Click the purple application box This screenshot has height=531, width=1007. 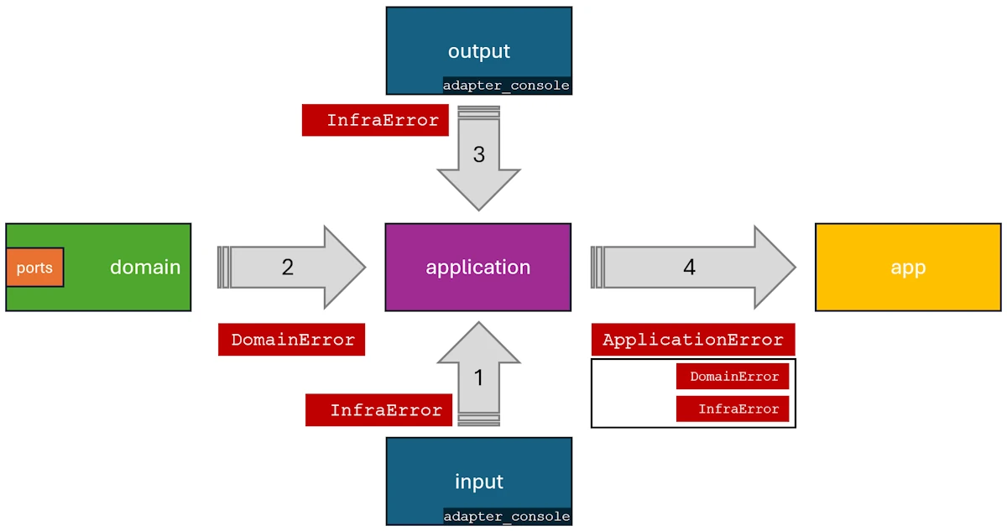tap(477, 267)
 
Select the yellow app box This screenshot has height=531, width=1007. tap(908, 267)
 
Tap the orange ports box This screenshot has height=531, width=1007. tap(34, 268)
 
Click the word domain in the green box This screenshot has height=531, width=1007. tap(145, 267)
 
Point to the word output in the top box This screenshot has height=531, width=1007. tap(478, 51)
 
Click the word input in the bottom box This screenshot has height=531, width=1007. tap(478, 482)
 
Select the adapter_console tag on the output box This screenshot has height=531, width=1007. tap(506, 86)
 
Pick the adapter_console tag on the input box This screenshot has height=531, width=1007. tap(507, 517)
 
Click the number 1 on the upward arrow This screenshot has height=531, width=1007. tap(478, 377)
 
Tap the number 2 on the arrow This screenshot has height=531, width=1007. tap(288, 267)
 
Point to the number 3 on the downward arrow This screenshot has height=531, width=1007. tap(478, 155)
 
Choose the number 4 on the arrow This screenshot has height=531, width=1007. tap(689, 267)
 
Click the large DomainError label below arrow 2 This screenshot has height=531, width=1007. tap(292, 340)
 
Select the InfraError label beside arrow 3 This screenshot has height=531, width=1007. tap(375, 120)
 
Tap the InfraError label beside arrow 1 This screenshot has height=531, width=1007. tap(378, 410)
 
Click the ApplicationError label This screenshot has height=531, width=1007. tap(693, 340)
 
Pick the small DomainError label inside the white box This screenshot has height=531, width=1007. tap(733, 377)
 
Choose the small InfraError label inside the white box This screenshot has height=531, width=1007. tap(733, 409)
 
